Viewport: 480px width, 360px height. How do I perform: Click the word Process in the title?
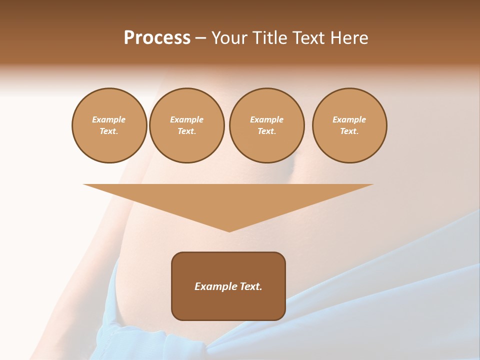[x=157, y=38]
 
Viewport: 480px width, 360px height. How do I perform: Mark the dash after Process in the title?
[x=200, y=38]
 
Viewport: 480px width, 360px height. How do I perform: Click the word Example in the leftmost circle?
[x=109, y=119]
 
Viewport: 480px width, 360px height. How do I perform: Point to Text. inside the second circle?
[x=186, y=131]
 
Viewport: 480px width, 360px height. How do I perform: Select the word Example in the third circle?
[x=266, y=119]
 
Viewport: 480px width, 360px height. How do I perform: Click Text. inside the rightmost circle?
[x=349, y=131]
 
